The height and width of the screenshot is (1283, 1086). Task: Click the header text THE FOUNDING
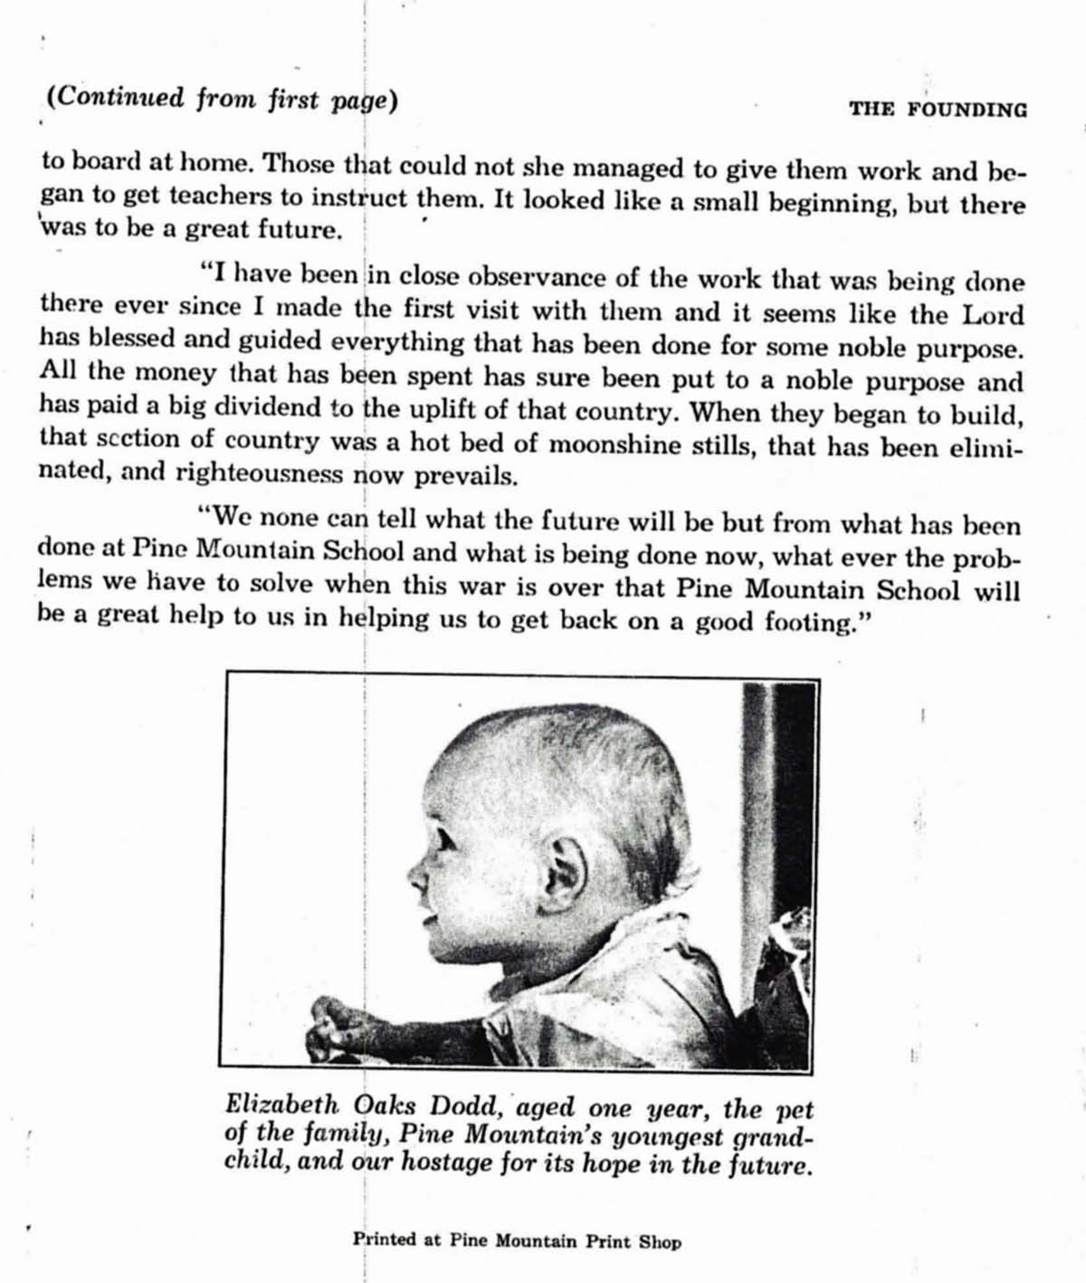938,110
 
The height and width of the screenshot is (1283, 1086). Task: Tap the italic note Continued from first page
222,98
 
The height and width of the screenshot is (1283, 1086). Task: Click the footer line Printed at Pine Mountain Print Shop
517,1240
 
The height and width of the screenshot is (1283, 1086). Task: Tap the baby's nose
415,874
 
